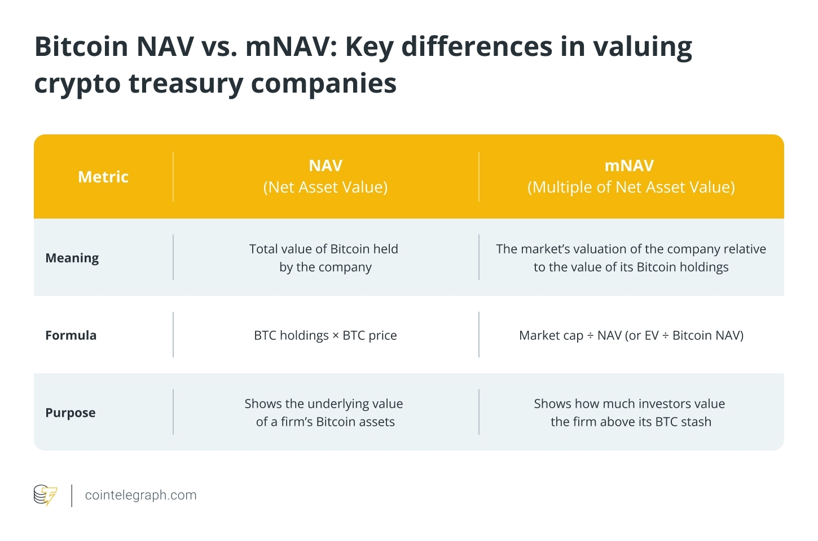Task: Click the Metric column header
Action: [x=103, y=177]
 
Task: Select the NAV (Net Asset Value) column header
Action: [x=326, y=176]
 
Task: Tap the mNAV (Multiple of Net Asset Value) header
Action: [x=631, y=176]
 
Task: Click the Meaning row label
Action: [x=72, y=258]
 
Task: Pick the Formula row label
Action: [x=71, y=335]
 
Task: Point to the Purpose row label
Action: [x=71, y=413]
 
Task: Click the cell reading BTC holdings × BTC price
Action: [x=326, y=335]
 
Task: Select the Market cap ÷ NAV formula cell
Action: [x=631, y=335]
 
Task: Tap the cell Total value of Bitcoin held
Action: [x=324, y=258]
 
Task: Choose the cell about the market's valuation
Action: [x=631, y=258]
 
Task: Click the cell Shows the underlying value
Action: [x=324, y=413]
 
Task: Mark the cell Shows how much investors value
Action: [x=630, y=413]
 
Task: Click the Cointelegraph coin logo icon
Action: [x=45, y=495]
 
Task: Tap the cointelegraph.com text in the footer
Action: [x=141, y=495]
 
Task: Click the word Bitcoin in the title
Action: [x=82, y=47]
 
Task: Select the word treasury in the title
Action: [x=186, y=84]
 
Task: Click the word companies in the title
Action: [x=324, y=84]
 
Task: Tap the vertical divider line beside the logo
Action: [x=72, y=495]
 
